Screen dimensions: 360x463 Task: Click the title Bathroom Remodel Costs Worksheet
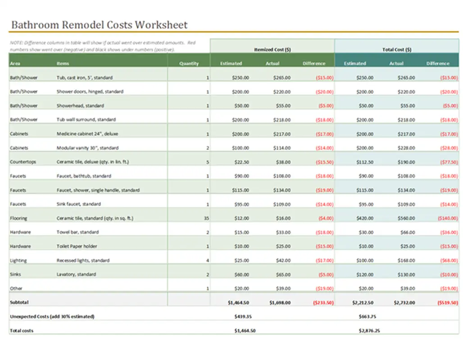coord(99,25)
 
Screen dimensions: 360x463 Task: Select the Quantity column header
coord(189,63)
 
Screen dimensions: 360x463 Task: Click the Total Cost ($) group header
coord(396,49)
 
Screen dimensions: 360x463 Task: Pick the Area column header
coord(15,63)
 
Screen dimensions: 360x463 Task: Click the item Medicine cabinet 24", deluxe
coord(87,134)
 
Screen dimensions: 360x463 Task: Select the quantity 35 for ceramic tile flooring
coord(206,218)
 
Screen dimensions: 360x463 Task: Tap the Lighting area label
coord(18,261)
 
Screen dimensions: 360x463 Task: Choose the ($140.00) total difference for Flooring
coord(447,218)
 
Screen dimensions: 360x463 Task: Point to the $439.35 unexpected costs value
coord(243,317)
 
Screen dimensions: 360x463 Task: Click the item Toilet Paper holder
coord(77,247)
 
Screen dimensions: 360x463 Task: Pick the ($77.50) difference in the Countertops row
coord(449,162)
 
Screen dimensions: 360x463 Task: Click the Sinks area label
coord(16,274)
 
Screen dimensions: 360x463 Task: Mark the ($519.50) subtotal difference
coord(447,303)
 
